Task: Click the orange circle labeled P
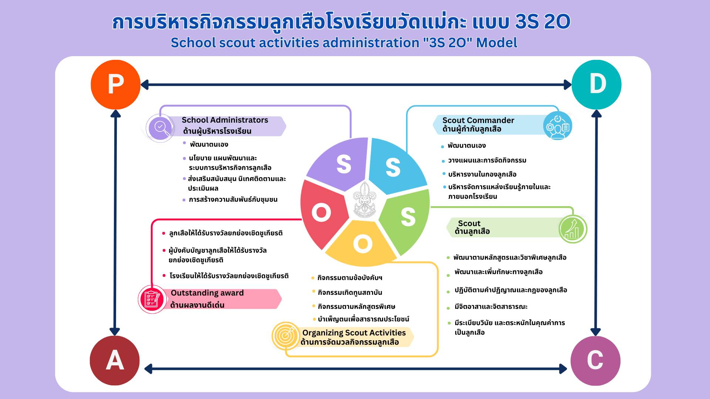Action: coord(116,85)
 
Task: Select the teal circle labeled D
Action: coord(596,85)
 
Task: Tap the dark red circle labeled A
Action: coord(115,361)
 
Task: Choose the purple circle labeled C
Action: coord(595,361)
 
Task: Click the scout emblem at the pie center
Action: coord(365,199)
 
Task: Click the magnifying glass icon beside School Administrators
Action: coord(160,128)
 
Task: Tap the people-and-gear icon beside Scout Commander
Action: coord(558,126)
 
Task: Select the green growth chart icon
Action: coord(573,229)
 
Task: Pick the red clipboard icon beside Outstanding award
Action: coord(152,299)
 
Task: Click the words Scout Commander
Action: coord(478,120)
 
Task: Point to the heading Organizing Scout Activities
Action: coord(354,333)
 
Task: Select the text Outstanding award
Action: coord(207,293)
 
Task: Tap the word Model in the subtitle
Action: coord(497,43)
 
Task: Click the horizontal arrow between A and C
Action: coord(355,369)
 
